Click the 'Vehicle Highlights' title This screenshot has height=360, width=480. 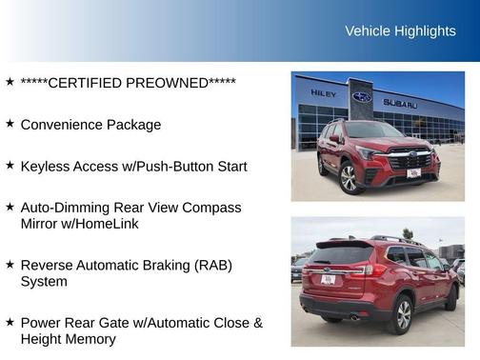[x=400, y=31]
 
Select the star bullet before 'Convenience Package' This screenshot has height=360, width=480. [x=10, y=124]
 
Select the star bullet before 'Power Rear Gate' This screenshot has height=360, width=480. [x=10, y=323]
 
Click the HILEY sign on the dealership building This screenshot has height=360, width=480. [x=323, y=93]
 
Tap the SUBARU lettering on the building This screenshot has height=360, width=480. [x=400, y=103]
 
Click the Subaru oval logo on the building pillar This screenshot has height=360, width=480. [x=362, y=97]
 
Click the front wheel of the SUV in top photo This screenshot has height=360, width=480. [x=350, y=178]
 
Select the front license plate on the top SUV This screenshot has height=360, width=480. [x=413, y=173]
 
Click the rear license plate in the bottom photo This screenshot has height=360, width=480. [x=328, y=279]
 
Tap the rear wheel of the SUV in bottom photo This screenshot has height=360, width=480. [x=404, y=314]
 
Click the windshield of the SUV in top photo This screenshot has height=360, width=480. [x=373, y=130]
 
